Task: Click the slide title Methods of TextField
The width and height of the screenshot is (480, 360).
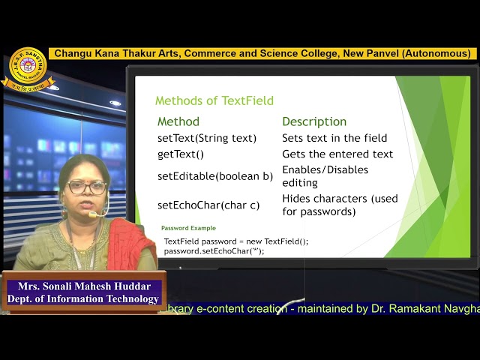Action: [x=214, y=100]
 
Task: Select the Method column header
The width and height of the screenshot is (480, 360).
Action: [x=178, y=121]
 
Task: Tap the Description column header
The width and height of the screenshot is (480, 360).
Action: [x=314, y=121]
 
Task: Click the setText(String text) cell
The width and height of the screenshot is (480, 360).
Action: [x=207, y=138]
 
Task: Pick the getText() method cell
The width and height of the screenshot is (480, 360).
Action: [x=181, y=154]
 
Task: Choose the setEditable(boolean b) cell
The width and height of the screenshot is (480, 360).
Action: [x=215, y=176]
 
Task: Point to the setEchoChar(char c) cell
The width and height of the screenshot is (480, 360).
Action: [x=208, y=205]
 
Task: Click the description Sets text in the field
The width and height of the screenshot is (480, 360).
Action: [x=334, y=138]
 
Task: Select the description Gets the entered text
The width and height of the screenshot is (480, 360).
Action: [x=337, y=154]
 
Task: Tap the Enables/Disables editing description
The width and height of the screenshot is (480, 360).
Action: [x=325, y=176]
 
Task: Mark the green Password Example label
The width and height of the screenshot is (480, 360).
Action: [x=188, y=228]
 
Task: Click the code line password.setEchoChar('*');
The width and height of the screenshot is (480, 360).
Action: [x=214, y=250]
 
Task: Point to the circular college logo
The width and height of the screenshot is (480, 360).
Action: [x=28, y=68]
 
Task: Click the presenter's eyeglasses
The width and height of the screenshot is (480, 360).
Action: [x=87, y=187]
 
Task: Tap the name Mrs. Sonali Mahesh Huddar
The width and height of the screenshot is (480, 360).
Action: [x=82, y=286]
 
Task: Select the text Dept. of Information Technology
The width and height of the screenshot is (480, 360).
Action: [x=82, y=298]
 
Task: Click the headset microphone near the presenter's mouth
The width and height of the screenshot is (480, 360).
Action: [x=94, y=215]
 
